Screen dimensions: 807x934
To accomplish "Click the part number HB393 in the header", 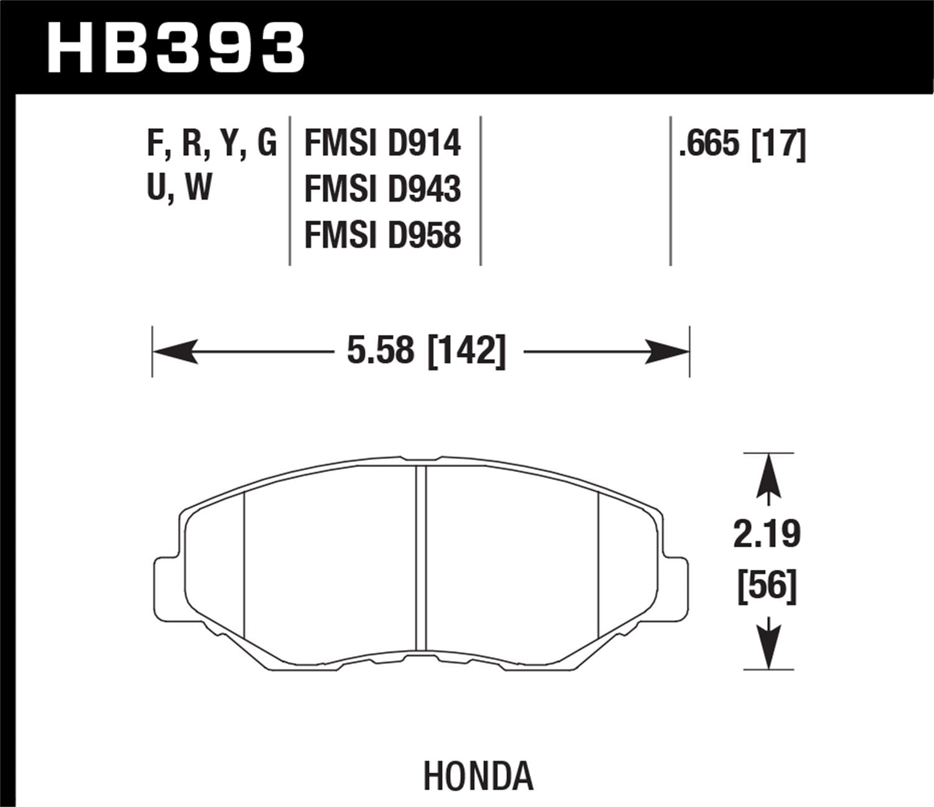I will (176, 47).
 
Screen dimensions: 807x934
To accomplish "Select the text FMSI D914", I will (382, 144).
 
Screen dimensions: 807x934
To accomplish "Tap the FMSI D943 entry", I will (382, 189).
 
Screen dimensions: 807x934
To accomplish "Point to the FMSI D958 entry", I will (382, 235).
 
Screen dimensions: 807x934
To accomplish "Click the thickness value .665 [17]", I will (742, 144).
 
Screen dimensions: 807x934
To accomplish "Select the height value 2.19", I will (767, 534).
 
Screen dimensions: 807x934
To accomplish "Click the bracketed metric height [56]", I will (767, 586).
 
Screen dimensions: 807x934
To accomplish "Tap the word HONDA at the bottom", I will (478, 776).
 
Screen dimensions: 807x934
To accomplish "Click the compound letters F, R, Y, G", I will (211, 144).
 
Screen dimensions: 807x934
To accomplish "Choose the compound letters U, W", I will (179, 187).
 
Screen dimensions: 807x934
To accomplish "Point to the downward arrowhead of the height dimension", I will (769, 648).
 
